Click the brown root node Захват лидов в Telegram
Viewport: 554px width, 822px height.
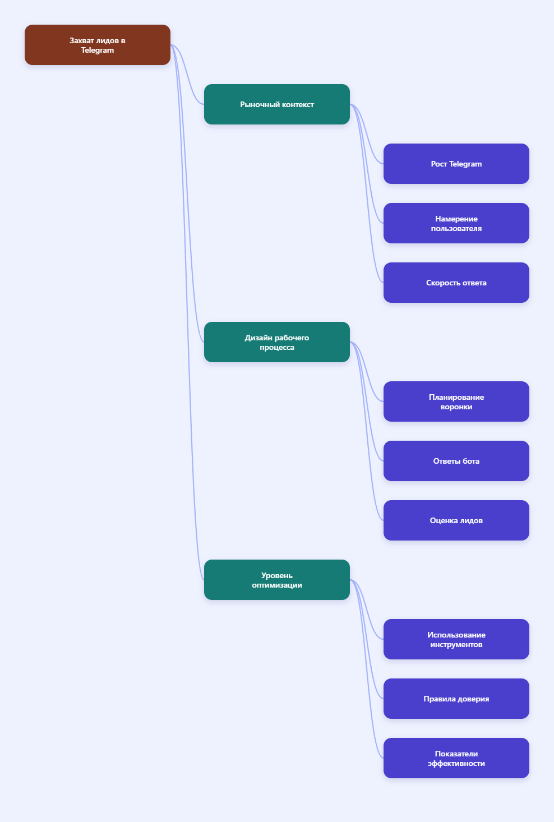[97, 45]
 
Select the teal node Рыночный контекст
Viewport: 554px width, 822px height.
[276, 104]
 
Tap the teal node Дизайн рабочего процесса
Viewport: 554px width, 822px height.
[276, 342]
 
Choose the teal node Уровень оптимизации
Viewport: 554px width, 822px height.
[276, 580]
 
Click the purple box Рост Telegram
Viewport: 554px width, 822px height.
[456, 164]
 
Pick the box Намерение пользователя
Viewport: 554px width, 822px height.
[456, 223]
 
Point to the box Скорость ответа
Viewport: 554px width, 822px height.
[456, 283]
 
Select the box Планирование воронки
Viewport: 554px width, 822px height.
[456, 401]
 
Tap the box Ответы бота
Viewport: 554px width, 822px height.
[456, 461]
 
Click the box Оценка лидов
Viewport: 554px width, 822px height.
[456, 520]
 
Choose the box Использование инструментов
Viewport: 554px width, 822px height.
[456, 639]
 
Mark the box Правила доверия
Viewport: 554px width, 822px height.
[456, 699]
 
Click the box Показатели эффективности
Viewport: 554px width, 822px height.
[456, 758]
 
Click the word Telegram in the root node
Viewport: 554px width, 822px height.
[97, 50]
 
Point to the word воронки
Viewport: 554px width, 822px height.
[456, 407]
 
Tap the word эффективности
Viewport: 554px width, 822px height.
[456, 763]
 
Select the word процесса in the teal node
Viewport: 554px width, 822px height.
[276, 348]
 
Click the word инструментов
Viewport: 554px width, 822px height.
[456, 645]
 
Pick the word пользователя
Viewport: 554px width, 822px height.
[456, 228]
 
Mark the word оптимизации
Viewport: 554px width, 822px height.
[276, 585]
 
